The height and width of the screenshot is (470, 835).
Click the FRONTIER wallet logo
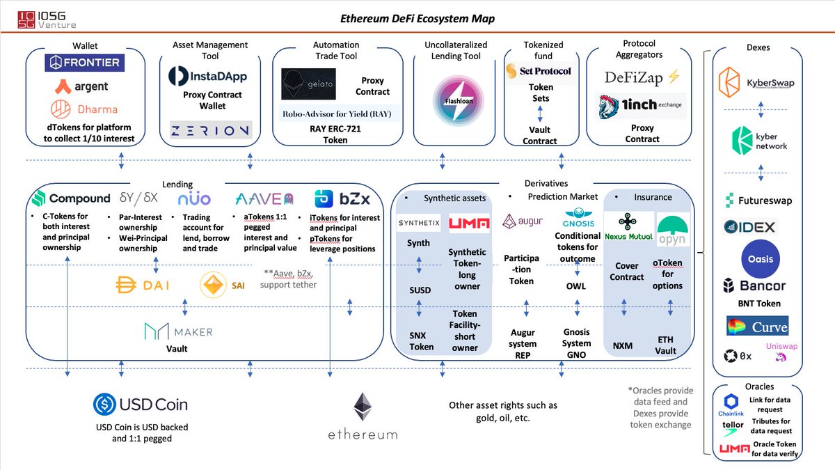tap(85, 63)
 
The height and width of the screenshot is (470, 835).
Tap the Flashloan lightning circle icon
tap(458, 101)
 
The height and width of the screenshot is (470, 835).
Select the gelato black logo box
tap(308, 84)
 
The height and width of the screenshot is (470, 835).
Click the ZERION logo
tap(211, 130)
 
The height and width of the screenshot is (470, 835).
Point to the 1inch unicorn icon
tap(609, 107)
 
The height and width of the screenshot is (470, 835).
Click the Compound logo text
tap(79, 198)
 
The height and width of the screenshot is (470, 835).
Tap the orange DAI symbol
tap(126, 285)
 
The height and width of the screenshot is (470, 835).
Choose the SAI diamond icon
tap(213, 285)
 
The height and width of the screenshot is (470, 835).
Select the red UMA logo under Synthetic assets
tap(469, 223)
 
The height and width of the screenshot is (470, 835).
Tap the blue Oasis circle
tap(761, 259)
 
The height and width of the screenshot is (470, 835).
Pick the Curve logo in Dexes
tap(758, 326)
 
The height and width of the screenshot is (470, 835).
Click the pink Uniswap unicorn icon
tap(781, 357)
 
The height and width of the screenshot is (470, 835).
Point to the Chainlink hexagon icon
tap(731, 401)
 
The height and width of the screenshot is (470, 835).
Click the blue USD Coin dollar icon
tap(104, 405)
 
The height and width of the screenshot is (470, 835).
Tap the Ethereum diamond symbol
tap(363, 407)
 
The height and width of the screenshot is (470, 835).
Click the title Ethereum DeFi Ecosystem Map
tap(417, 19)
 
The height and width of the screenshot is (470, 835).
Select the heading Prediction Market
tap(562, 196)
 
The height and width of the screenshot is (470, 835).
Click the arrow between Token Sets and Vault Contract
tap(540, 113)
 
